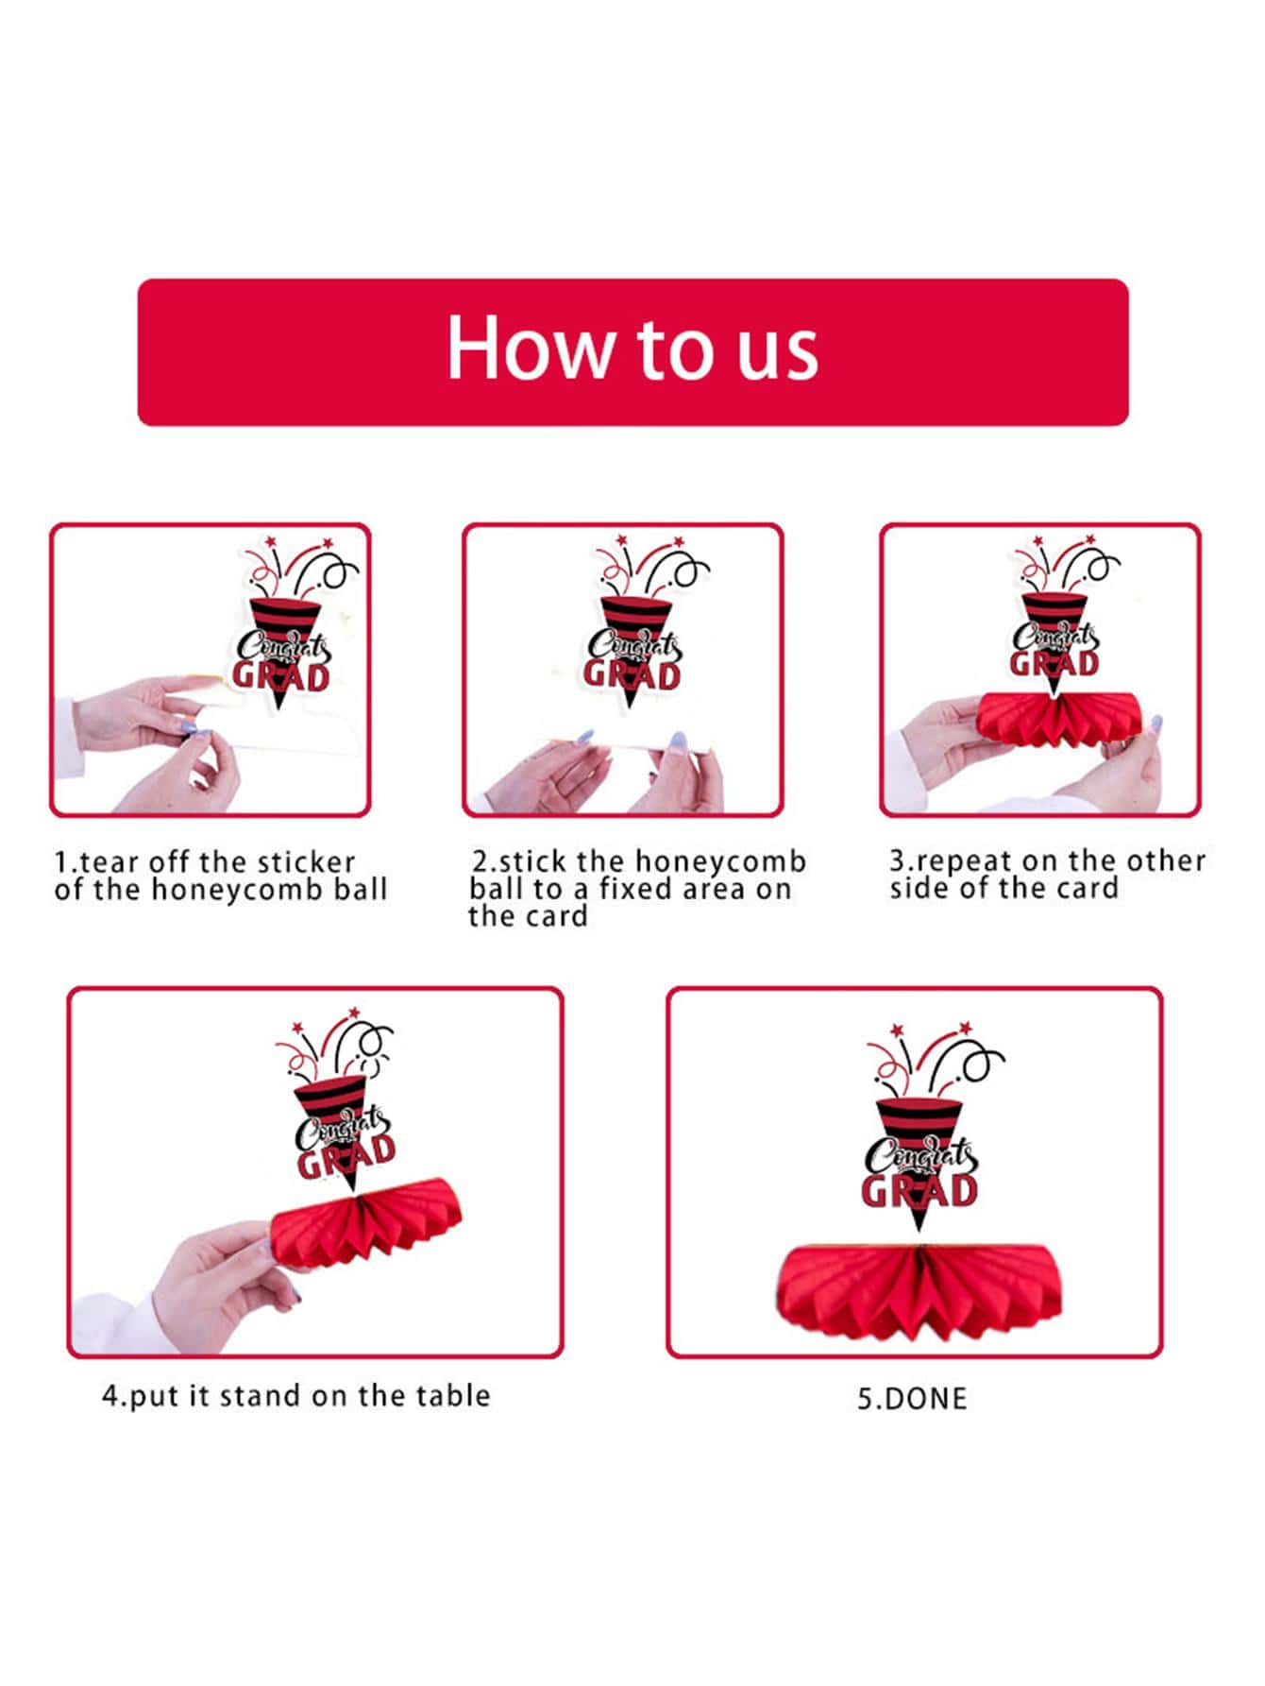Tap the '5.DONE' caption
click(x=912, y=1399)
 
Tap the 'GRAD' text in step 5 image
click(x=919, y=1190)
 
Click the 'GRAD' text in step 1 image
click(x=281, y=675)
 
